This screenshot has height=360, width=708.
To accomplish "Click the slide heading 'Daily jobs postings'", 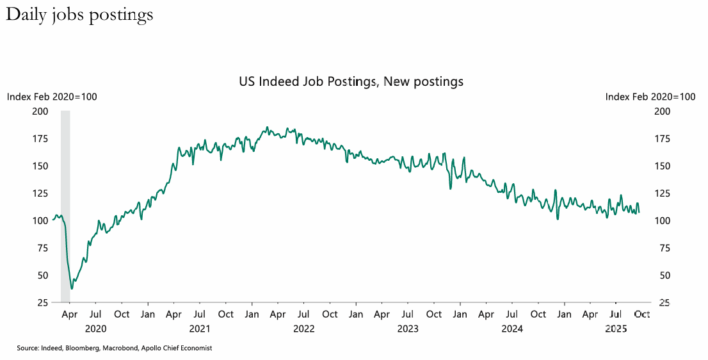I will pos(79,15).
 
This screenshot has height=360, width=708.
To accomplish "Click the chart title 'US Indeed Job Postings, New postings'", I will pos(351,82).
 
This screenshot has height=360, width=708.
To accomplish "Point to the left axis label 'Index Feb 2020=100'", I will pos(52,97).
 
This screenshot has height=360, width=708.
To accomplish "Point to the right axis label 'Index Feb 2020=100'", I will pos(650,97).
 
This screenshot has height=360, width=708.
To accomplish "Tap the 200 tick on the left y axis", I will pos(40,111).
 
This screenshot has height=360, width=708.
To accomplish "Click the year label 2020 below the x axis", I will pos(95,329).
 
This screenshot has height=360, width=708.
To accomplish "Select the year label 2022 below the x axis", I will pos(303,329).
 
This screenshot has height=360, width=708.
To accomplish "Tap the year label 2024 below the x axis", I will pos(512,329).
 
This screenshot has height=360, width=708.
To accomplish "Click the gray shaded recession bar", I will pos(65,205).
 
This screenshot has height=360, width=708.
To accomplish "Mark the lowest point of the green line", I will pos(72,288).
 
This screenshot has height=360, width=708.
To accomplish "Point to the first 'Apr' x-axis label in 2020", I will pos(70,315).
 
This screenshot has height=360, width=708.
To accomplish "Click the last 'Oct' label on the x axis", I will pos(642,315).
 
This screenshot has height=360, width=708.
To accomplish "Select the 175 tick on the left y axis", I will pos(40,138).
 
